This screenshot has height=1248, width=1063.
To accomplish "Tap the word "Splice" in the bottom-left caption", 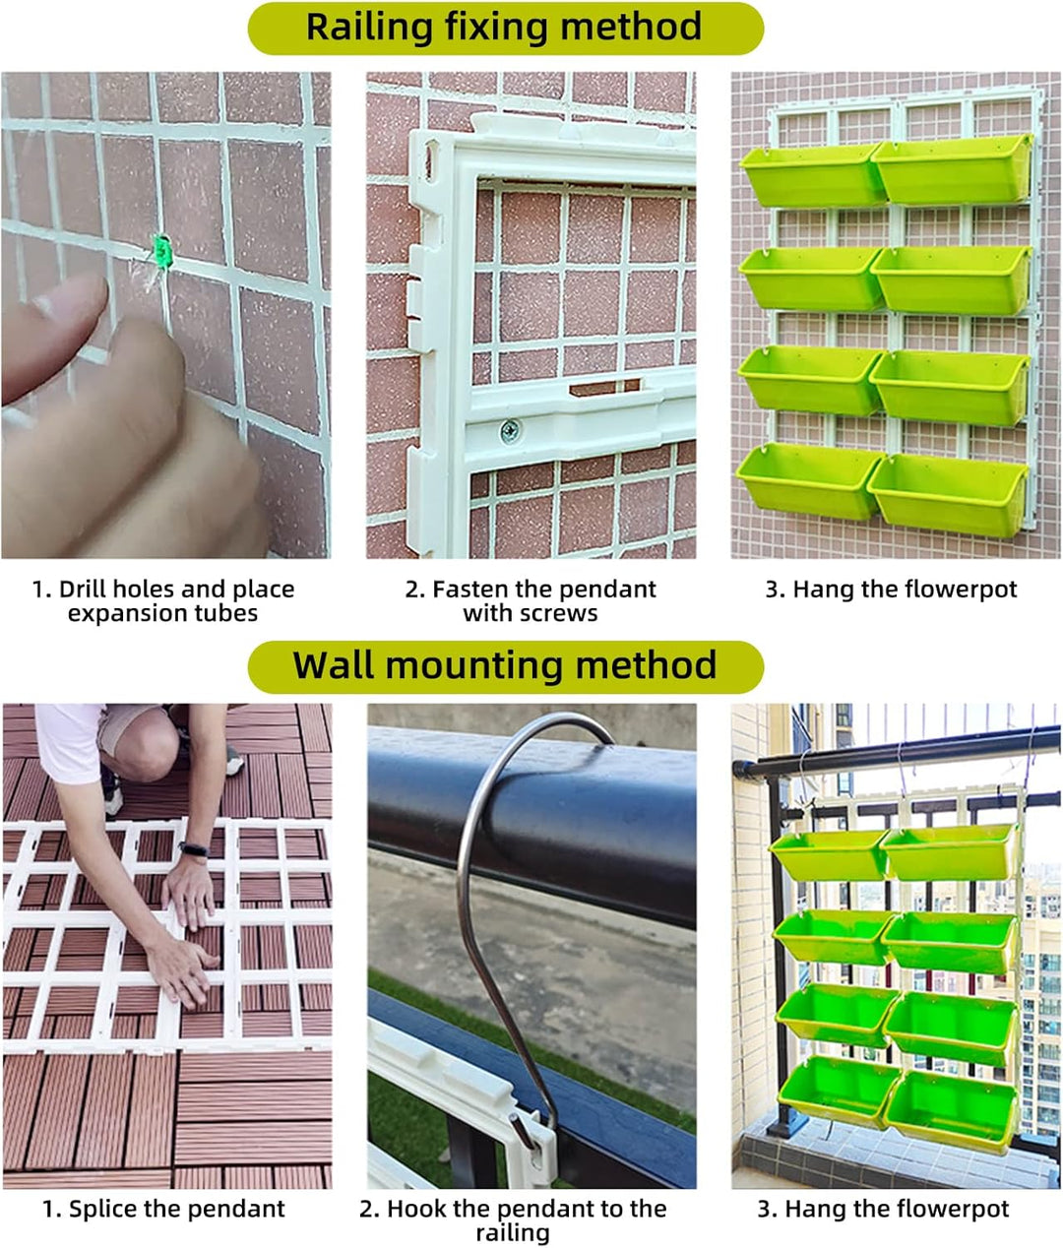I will [x=109, y=1209].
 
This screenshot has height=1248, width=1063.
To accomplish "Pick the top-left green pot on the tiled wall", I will [x=809, y=174].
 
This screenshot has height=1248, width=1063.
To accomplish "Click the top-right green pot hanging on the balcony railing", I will [x=950, y=852].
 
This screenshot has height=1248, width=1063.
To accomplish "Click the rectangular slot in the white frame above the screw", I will [x=603, y=388].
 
